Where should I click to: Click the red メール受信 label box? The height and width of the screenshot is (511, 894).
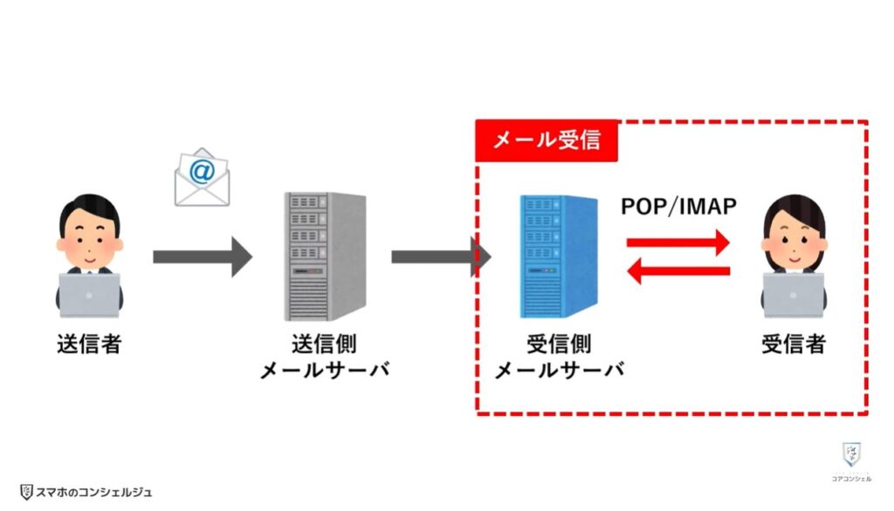[547, 140]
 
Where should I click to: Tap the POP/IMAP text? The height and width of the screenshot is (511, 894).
[678, 207]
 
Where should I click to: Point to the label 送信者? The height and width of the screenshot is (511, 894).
[88, 344]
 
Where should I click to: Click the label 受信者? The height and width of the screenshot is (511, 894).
[793, 344]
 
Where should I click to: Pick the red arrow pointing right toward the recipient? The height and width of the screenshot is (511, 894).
[678, 241]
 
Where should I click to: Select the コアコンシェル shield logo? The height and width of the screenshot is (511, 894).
[850, 455]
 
